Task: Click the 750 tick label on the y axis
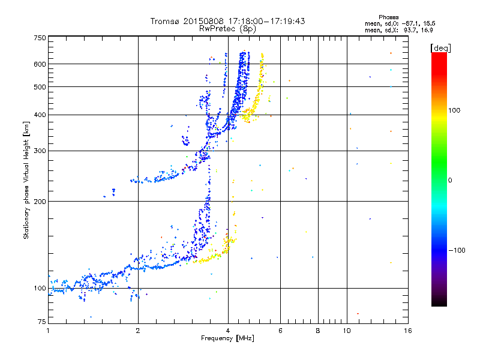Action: tap(40, 37)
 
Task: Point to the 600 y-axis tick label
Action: tap(40, 64)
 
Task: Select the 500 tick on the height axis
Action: tap(40, 86)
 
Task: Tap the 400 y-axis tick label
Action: tap(40, 115)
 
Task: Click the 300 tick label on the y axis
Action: tap(40, 151)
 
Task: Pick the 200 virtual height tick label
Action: tap(40, 201)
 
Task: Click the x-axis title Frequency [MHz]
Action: tap(228, 338)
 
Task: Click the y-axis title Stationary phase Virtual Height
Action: tap(26, 180)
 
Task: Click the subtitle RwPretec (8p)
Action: tap(228, 28)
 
